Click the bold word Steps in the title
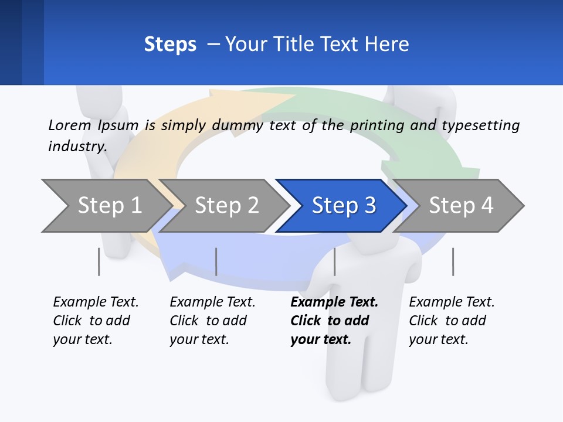[170, 45]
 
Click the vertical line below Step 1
[99, 261]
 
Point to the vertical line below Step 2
[216, 261]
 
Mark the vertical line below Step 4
[453, 261]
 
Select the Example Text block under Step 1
[96, 321]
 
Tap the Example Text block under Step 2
[212, 321]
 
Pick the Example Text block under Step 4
[452, 321]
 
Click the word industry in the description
[76, 146]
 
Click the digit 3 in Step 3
[369, 206]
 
